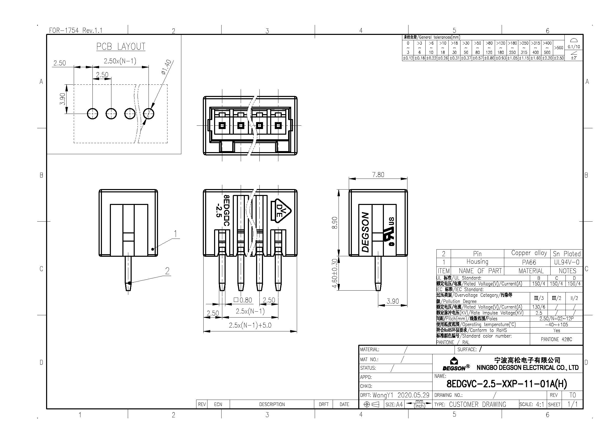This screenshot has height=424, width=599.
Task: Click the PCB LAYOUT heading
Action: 121,46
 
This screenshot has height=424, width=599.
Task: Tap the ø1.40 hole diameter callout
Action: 166,67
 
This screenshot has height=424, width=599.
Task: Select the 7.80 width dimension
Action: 378,174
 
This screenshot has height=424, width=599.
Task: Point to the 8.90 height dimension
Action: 335,223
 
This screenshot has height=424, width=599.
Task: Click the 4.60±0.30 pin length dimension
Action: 335,273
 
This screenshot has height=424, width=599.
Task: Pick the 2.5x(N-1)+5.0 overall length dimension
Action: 250,325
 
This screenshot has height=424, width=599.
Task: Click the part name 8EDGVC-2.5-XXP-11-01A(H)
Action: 507,384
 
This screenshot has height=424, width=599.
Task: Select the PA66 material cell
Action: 529,262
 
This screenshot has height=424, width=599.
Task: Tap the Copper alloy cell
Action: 529,253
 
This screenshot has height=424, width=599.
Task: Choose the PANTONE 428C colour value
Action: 556,339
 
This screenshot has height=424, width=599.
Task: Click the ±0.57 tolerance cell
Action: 477,58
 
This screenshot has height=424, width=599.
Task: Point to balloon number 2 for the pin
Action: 167,271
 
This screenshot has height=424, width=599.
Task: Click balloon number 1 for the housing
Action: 175,234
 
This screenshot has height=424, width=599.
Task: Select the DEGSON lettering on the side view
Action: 365,232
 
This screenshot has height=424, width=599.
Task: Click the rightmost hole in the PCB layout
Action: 149,114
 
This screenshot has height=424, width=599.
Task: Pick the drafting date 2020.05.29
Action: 413,395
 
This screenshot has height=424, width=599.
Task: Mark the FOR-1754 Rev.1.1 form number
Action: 76,31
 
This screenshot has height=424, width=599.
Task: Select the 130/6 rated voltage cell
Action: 539,307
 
